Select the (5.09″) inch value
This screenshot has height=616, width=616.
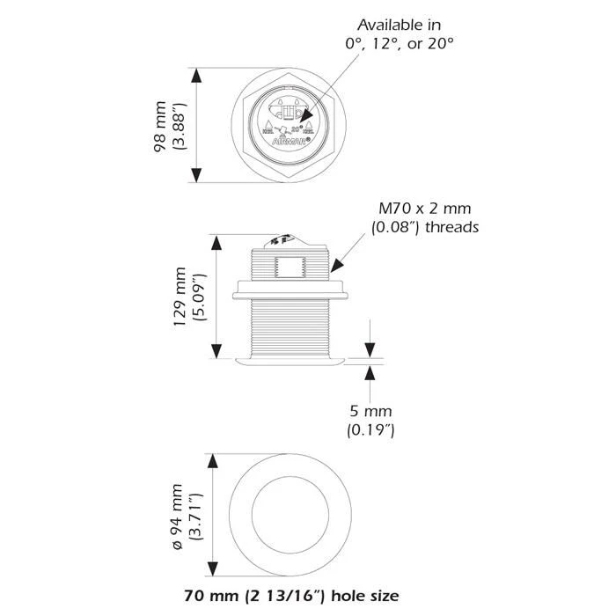pos(200,298)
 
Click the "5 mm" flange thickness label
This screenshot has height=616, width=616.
pos(370,411)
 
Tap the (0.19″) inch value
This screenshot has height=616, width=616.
pos(370,430)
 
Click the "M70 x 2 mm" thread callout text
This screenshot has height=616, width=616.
pos(425,209)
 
